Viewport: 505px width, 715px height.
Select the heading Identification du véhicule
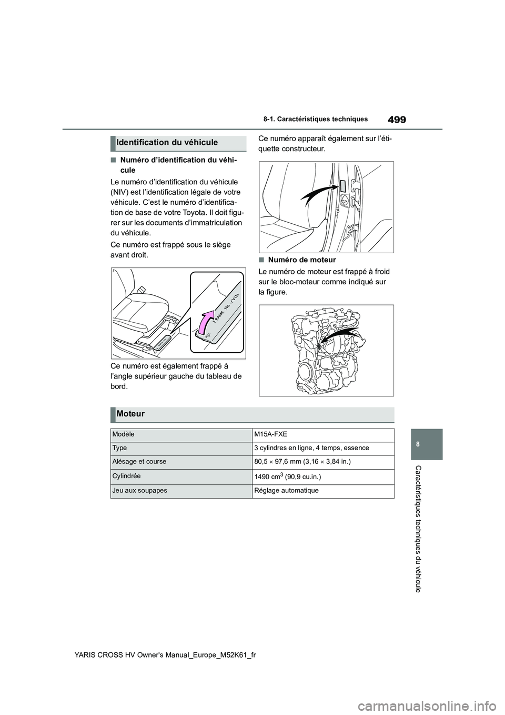point(167,143)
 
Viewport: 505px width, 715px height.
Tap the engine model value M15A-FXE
point(270,434)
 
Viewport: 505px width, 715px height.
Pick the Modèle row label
point(123,434)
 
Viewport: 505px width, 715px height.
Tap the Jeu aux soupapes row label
point(139,490)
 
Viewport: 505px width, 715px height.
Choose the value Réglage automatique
point(286,490)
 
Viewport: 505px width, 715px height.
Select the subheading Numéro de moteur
point(301,260)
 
